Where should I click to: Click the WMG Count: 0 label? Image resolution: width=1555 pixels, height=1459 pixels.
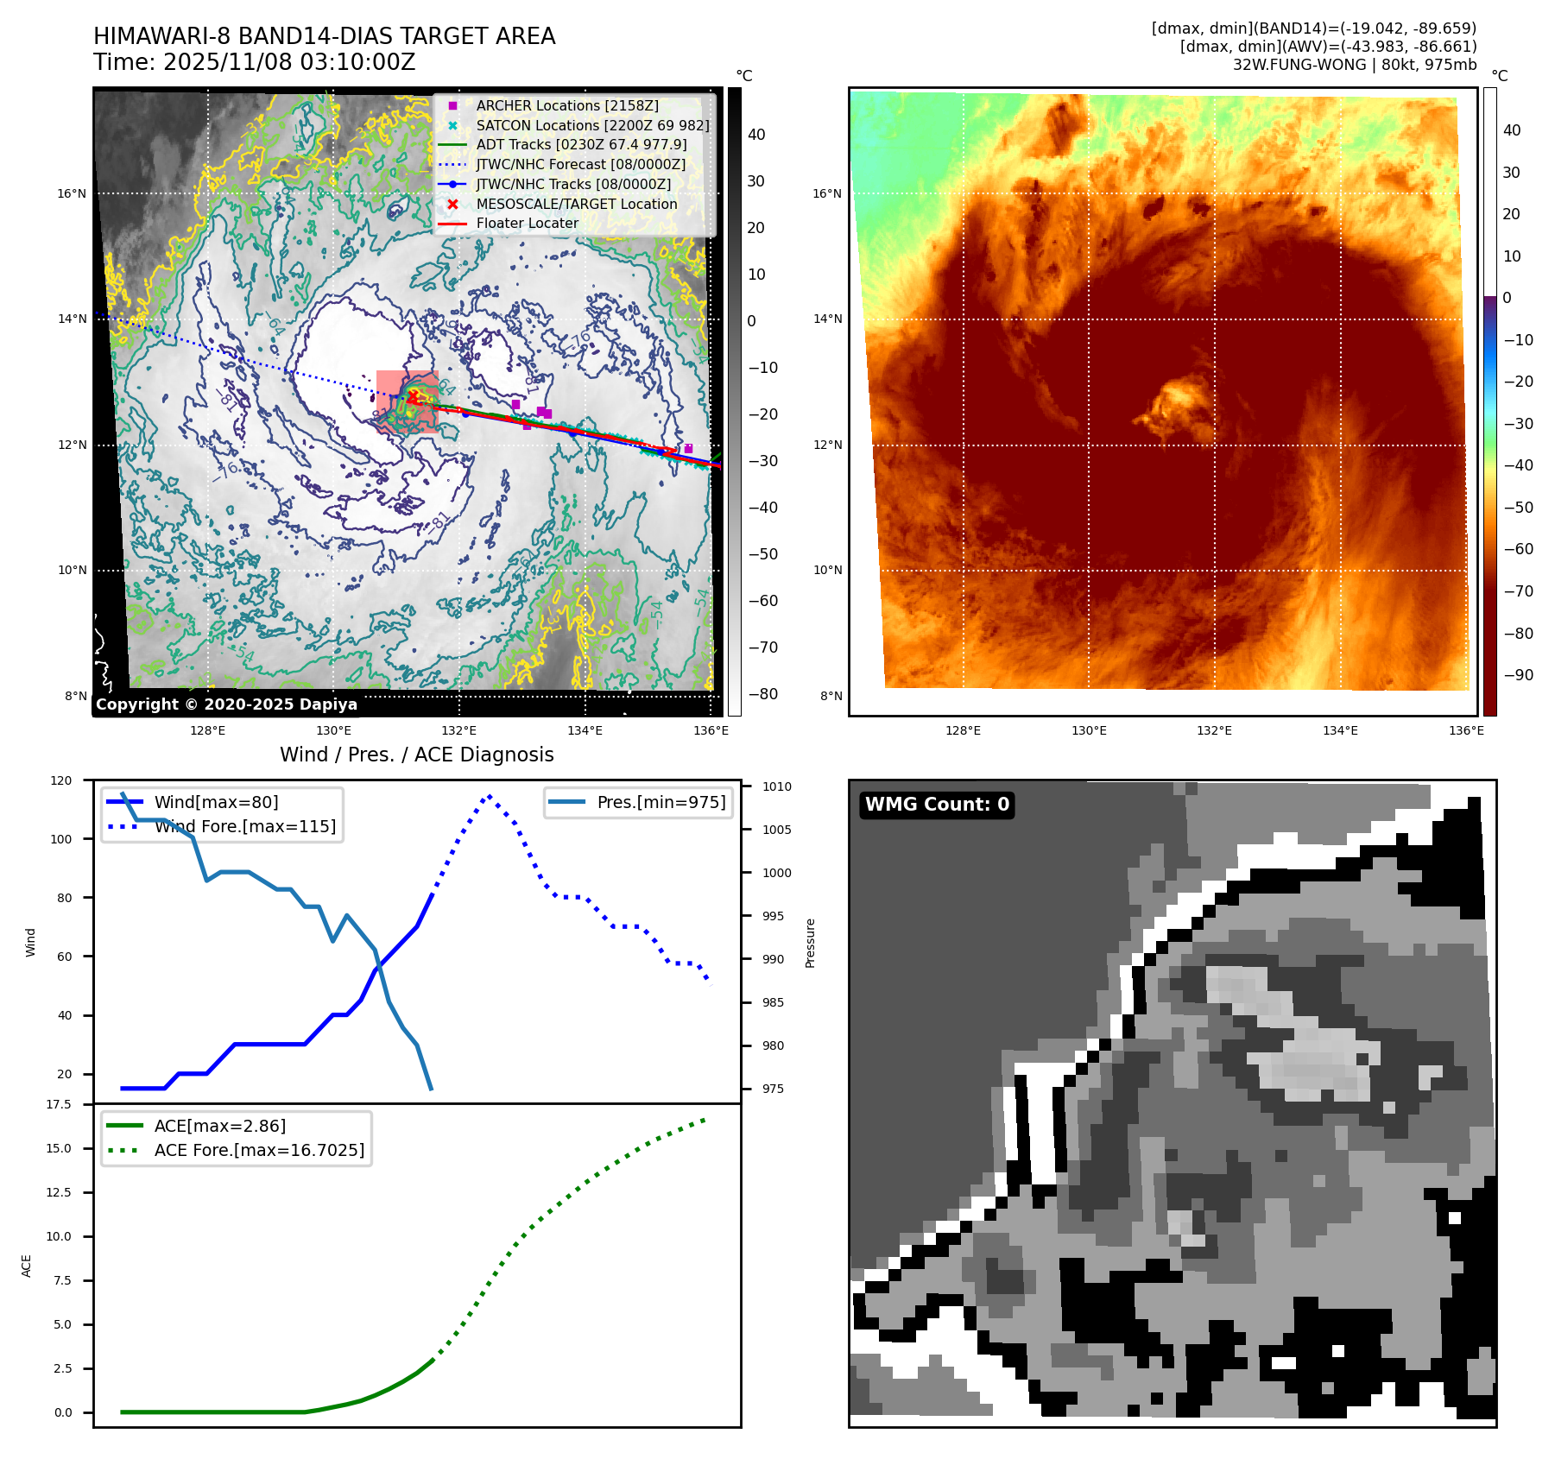(937, 805)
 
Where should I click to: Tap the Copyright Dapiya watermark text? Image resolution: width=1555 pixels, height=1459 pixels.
(226, 704)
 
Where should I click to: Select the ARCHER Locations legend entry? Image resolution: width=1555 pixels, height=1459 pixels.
(566, 105)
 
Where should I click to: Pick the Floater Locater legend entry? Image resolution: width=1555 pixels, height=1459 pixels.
(527, 223)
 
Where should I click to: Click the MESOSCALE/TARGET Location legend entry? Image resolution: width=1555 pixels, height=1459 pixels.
(576, 204)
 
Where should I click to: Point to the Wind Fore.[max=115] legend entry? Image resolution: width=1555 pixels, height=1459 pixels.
(244, 826)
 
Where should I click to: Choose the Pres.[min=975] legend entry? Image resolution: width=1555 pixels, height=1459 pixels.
(661, 802)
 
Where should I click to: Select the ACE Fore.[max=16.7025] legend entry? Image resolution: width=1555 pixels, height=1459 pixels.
(259, 1150)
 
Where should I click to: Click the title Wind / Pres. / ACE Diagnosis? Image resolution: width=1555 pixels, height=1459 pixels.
(416, 755)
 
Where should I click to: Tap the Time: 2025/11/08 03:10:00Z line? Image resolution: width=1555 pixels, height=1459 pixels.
(255, 62)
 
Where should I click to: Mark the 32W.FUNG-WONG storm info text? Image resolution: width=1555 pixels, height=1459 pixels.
(1354, 65)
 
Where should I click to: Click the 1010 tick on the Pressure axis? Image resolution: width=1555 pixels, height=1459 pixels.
(776, 786)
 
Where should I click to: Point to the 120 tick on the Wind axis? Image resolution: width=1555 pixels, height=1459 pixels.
(61, 780)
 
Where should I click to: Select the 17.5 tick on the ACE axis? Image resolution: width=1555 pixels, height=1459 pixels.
(59, 1104)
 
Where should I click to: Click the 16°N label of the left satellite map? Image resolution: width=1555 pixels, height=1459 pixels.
(72, 193)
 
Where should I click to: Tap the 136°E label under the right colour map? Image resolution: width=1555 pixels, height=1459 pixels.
(1465, 730)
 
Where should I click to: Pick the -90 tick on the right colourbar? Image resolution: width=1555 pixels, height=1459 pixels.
(1518, 675)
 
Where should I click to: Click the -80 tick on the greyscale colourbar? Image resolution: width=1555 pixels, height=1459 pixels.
(762, 694)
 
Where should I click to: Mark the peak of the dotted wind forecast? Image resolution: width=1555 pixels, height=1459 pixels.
(490, 796)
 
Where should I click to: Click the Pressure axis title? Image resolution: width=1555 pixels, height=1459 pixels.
(810, 943)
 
